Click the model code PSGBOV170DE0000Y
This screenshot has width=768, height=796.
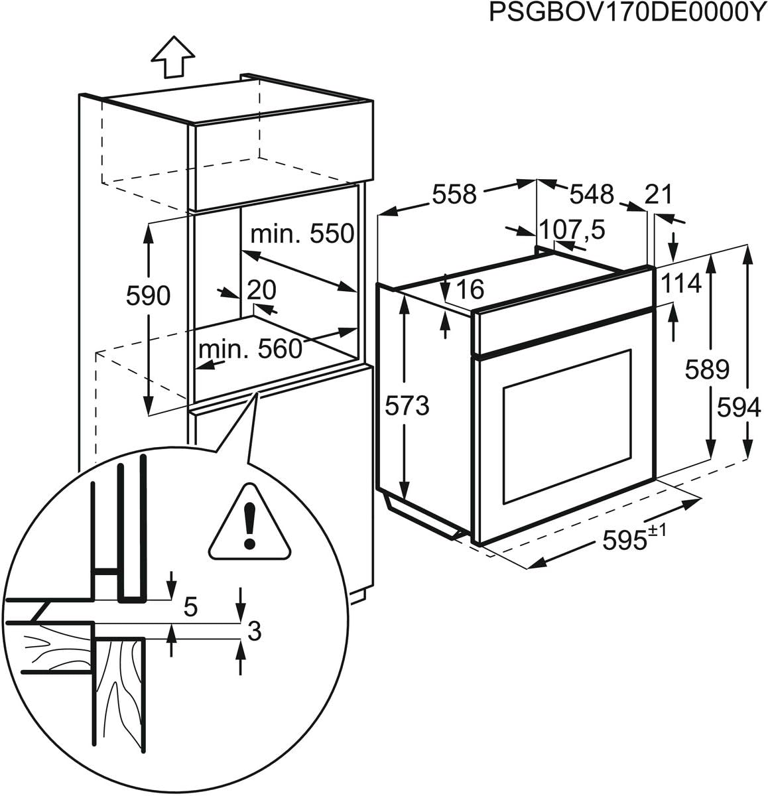click(627, 13)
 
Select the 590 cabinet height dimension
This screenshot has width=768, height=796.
click(148, 297)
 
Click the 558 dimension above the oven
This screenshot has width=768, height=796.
click(454, 194)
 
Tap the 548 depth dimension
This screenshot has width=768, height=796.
click(592, 194)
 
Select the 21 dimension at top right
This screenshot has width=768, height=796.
click(659, 194)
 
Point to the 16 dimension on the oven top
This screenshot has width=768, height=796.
click(470, 289)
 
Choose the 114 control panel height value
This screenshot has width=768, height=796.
click(681, 283)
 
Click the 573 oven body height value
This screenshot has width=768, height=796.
click(407, 405)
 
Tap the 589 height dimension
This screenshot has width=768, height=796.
click(707, 369)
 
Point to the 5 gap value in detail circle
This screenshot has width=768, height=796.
click(191, 608)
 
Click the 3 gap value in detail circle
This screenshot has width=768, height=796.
click(253, 631)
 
